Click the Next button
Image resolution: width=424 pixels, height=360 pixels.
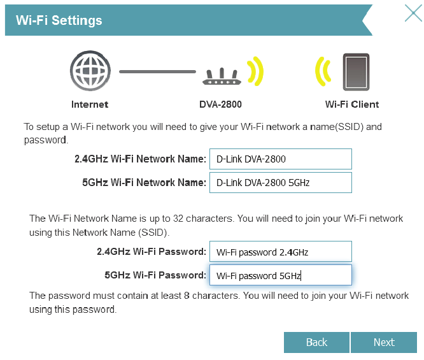coord(384,342)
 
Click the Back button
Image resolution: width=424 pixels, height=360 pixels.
coord(316,342)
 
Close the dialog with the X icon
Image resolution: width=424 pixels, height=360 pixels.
coord(413,13)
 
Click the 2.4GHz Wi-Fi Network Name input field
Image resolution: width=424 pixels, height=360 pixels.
coord(280,159)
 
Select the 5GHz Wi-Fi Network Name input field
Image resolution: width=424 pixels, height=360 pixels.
coord(280,183)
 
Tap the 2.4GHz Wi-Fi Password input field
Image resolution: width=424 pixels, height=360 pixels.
coord(280,252)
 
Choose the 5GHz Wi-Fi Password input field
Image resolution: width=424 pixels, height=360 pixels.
coord(280,275)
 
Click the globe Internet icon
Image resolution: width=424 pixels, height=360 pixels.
coord(89,71)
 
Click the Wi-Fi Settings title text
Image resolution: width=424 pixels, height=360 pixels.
coord(59,20)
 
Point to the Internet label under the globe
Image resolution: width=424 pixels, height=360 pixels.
coord(90,104)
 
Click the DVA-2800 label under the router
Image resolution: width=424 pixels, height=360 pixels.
coord(220,104)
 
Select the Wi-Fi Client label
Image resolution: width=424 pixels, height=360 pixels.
coord(352,104)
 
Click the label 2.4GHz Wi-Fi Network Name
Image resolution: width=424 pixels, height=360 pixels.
coord(140,159)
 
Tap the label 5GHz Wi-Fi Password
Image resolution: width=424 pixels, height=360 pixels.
coord(155,275)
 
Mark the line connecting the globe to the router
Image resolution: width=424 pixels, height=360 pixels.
coord(157,71)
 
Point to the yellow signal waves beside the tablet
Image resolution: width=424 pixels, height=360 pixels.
coord(323,71)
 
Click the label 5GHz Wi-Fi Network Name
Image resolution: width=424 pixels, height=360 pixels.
coord(144,183)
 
